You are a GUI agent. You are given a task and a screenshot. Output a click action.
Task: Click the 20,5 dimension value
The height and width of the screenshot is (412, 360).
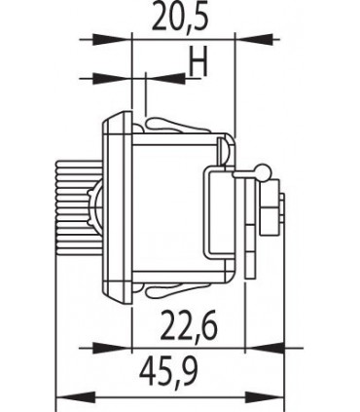click(180, 17)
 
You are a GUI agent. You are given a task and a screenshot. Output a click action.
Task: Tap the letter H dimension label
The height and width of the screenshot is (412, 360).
click(198, 61)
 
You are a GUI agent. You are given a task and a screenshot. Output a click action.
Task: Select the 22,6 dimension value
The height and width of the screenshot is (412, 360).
click(189, 325)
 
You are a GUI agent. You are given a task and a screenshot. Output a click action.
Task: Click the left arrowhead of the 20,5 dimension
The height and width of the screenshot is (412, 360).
click(113, 40)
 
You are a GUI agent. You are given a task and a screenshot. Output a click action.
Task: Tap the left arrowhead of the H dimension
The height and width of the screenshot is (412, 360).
click(113, 79)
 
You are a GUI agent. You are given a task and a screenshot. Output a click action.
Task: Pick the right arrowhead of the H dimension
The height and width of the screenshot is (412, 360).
click(166, 78)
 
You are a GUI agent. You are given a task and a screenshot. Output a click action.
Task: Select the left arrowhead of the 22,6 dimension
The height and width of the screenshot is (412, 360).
click(113, 349)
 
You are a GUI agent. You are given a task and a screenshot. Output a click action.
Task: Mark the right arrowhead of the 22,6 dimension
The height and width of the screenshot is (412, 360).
click(264, 349)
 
